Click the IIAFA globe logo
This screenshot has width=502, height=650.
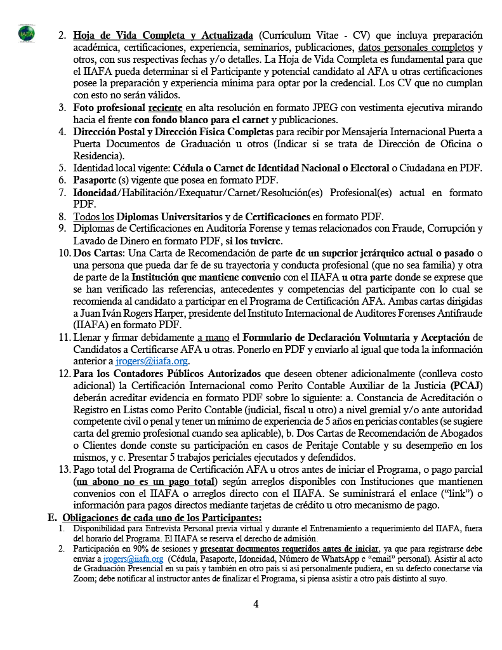coord(27,34)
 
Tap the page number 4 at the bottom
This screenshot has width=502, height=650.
coord(256,604)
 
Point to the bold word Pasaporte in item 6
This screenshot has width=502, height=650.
coord(96,180)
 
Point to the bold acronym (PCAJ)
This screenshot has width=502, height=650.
coord(466,385)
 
